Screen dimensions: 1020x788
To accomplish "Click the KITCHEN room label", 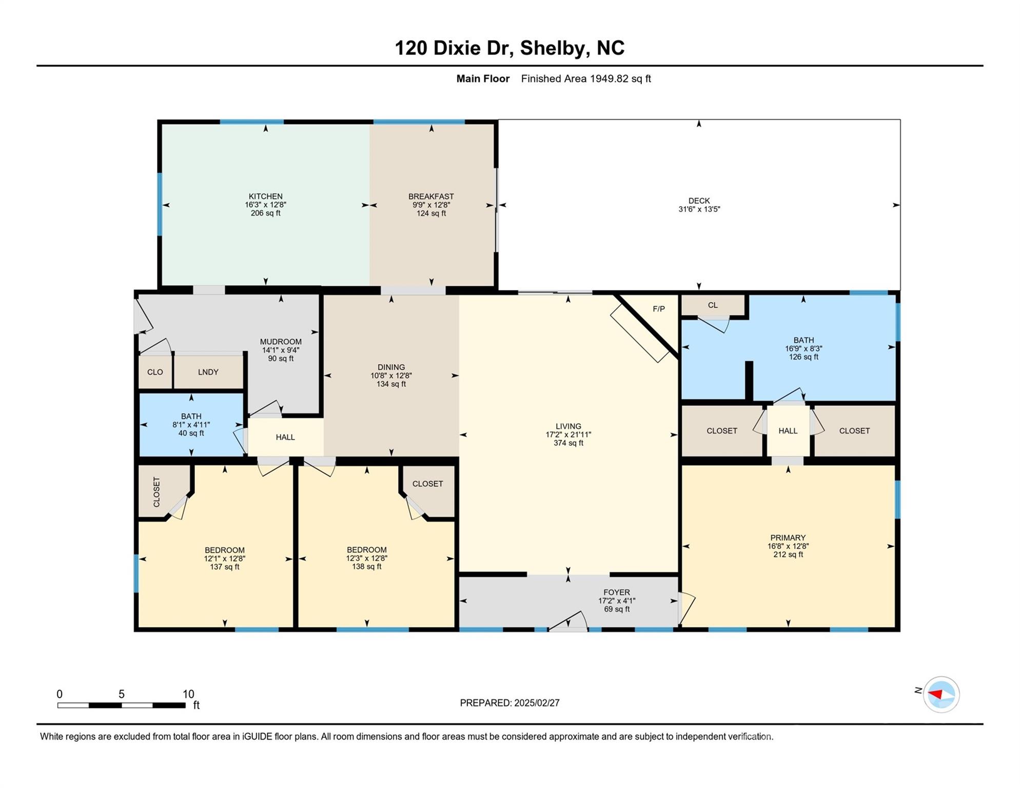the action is tap(265, 196).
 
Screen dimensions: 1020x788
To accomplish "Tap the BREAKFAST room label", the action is tap(431, 196).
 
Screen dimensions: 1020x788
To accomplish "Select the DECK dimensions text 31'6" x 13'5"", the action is tap(699, 209).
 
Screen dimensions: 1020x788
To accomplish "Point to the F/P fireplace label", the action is tap(659, 309).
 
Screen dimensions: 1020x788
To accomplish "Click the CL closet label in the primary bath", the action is tap(713, 305).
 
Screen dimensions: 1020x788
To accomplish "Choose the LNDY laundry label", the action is tap(208, 372).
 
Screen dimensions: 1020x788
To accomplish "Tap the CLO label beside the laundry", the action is tap(155, 372).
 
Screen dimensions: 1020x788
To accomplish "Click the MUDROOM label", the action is tap(281, 342).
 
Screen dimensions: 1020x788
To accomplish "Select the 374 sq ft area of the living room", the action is tap(568, 443).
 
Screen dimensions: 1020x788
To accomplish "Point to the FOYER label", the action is tap(616, 593).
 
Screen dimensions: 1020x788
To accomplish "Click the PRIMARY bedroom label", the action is tap(788, 538).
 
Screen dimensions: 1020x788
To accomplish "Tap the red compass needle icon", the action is tap(935, 695).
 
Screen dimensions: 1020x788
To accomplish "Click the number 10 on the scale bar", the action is tap(188, 694).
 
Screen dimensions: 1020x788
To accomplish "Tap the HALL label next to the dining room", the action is tap(285, 437).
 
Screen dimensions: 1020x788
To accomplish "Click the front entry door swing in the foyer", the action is tap(568, 620).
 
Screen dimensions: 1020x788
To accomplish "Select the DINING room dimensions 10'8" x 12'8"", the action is tap(391, 376).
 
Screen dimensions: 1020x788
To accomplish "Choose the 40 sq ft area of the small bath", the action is tap(191, 434).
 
